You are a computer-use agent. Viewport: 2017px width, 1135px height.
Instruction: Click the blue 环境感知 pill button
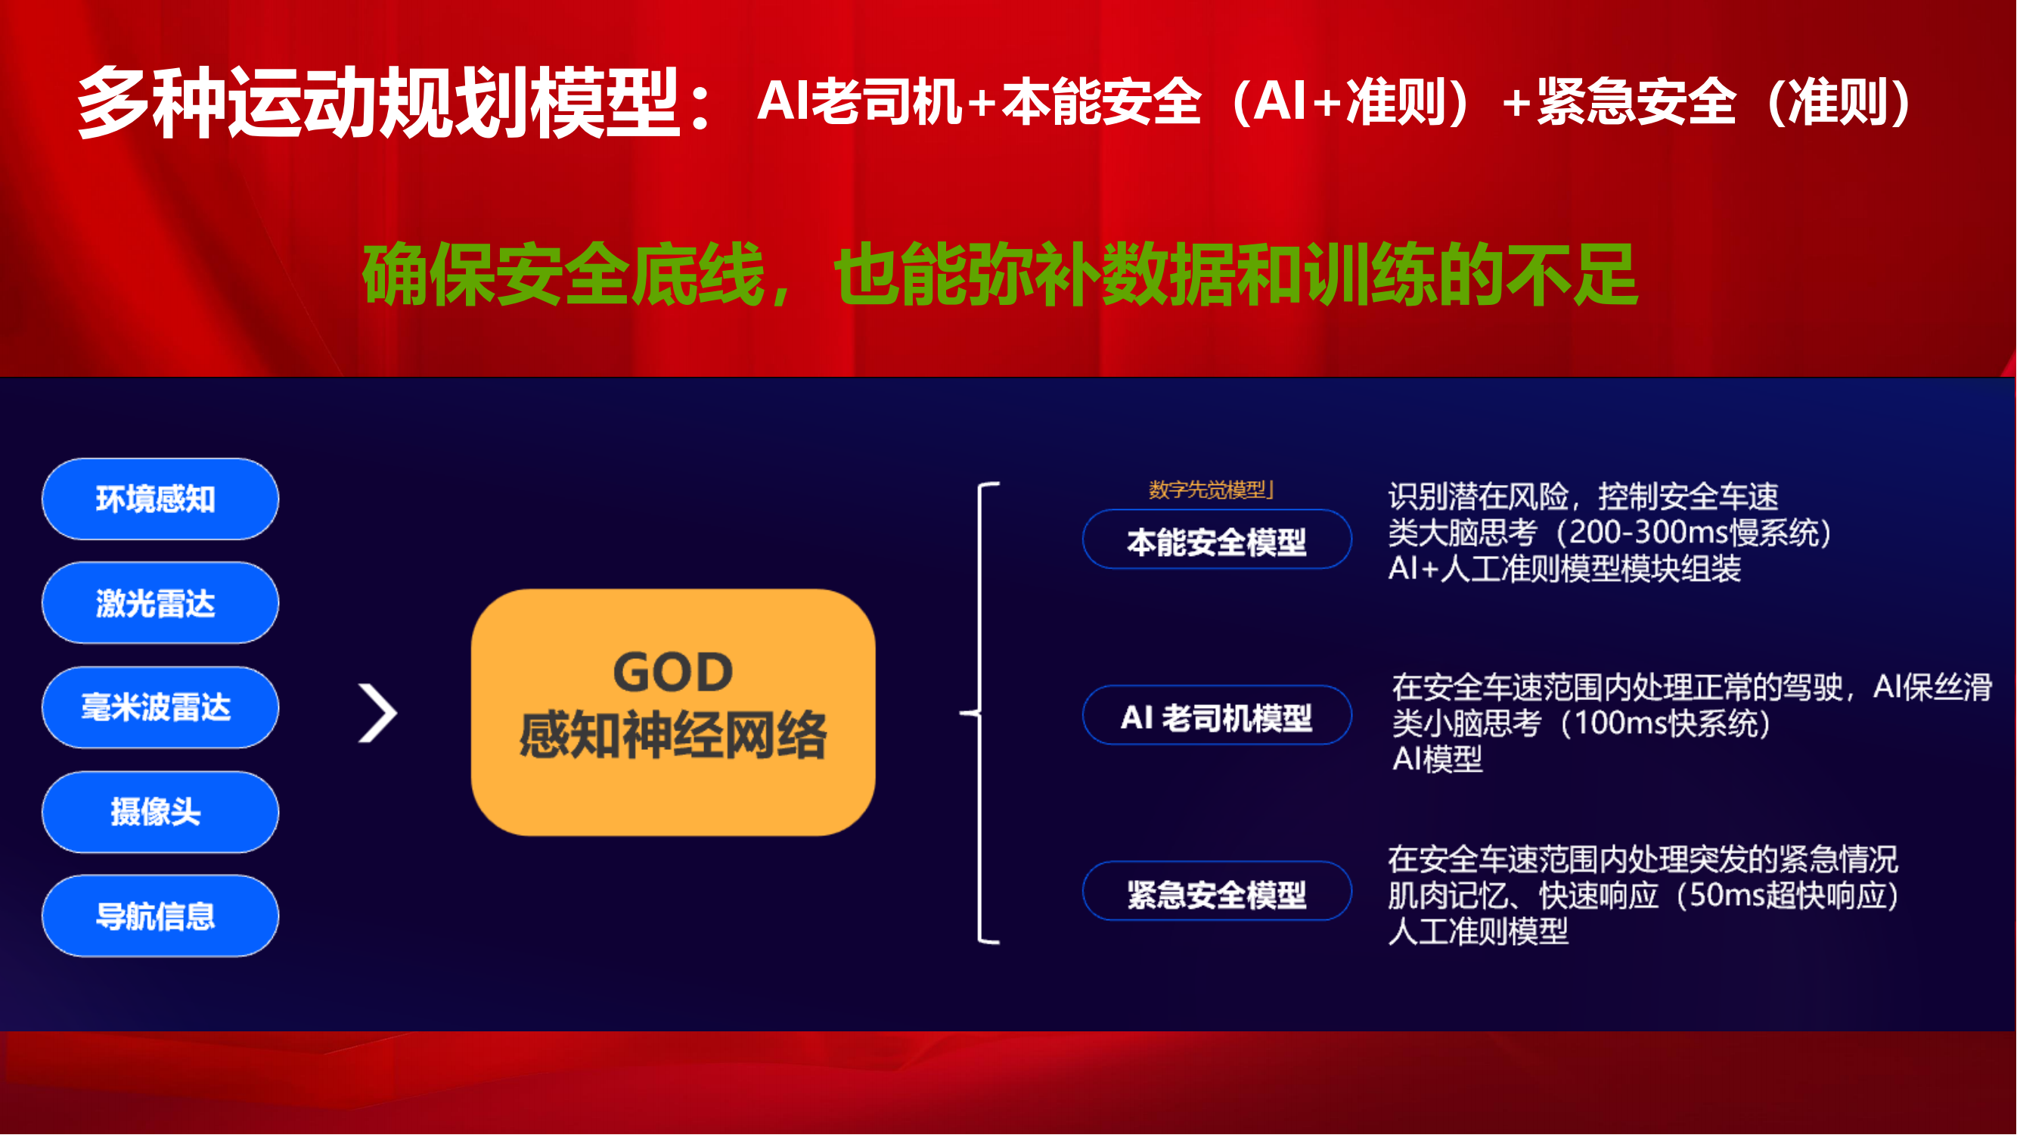coord(160,499)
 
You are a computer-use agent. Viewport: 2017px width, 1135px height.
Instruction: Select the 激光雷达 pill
coord(160,603)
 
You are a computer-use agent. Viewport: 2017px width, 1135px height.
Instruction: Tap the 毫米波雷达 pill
coord(160,707)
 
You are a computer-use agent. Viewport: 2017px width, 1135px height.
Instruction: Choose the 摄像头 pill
coord(160,811)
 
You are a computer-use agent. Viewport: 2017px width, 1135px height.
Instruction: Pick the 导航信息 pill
coord(160,916)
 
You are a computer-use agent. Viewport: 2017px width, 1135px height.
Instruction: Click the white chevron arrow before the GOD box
coord(377,713)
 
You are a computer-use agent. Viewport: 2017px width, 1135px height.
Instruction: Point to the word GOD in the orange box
coord(672,672)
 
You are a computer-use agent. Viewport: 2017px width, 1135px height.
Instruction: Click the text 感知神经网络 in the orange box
coord(672,735)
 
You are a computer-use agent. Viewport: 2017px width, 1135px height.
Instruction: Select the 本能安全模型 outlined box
coord(1217,540)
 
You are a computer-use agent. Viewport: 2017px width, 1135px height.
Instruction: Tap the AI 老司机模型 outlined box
coord(1217,715)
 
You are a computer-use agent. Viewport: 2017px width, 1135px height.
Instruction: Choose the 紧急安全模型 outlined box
coord(1217,891)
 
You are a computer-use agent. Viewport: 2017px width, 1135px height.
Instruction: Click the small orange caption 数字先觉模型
coord(1206,490)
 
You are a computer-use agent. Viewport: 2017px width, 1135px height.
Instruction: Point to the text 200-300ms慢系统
coord(1693,533)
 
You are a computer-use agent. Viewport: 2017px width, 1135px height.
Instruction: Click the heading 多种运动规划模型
coord(378,103)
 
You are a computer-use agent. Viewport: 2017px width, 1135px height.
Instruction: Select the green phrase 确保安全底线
coord(563,274)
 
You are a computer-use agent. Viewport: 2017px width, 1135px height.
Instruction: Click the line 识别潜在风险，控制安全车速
coord(1583,496)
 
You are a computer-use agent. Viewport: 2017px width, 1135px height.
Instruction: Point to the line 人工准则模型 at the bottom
coord(1479,931)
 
